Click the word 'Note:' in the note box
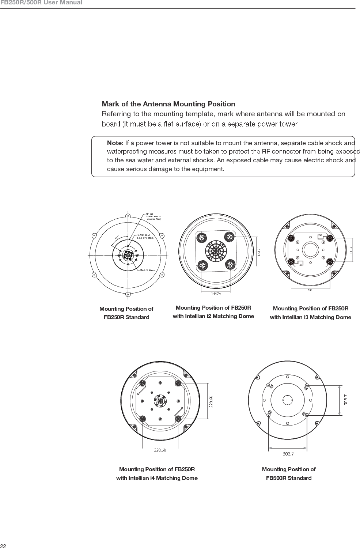(x=115, y=143)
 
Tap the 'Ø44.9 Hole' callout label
(x=147, y=270)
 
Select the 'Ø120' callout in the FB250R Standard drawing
(x=149, y=214)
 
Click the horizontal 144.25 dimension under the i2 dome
(x=216, y=293)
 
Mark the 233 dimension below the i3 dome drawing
(x=310, y=290)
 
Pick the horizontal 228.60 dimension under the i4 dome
(x=159, y=450)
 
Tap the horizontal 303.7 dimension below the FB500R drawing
(x=288, y=454)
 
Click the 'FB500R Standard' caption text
(x=288, y=478)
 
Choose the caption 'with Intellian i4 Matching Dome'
(x=157, y=478)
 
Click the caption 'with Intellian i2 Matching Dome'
(x=213, y=316)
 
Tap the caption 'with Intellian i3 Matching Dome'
(x=310, y=317)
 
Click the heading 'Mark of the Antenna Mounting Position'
(x=168, y=104)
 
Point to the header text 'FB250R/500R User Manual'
(x=41, y=3)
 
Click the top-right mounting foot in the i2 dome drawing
(x=230, y=237)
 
